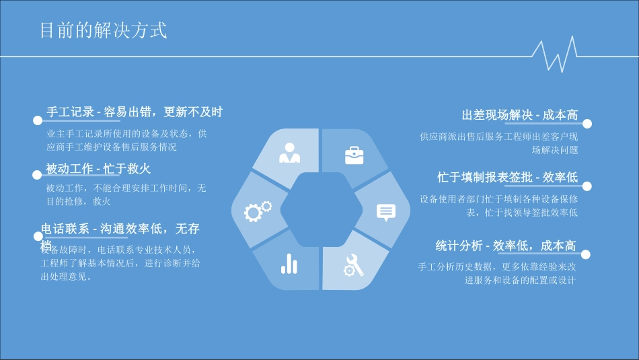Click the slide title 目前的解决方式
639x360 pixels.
[x=103, y=31]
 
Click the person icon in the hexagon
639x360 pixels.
[x=290, y=154]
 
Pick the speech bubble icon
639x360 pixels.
[x=386, y=212]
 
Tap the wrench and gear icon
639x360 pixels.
[x=354, y=266]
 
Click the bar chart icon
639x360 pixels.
[x=289, y=264]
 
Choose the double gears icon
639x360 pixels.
[x=258, y=211]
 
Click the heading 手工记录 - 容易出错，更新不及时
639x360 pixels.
[x=134, y=112]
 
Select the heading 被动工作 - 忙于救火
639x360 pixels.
[x=98, y=168]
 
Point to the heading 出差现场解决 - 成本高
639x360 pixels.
[x=519, y=116]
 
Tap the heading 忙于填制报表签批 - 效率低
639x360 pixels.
[x=507, y=177]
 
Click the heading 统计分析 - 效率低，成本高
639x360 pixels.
[x=505, y=246]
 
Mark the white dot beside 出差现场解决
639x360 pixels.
[x=587, y=124]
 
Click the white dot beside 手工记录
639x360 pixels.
[x=38, y=120]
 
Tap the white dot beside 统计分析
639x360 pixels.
[x=586, y=254]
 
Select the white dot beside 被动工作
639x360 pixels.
[x=38, y=175]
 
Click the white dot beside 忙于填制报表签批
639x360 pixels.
[x=587, y=186]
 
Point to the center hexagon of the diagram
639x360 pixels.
[x=322, y=209]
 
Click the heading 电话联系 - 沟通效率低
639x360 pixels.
[x=120, y=229]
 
